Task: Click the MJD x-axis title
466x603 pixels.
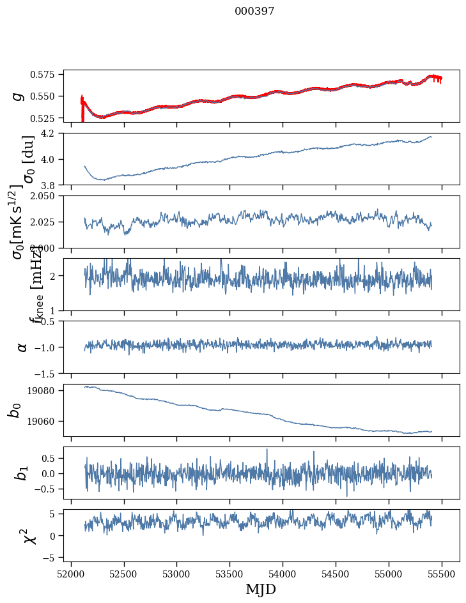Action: point(261,590)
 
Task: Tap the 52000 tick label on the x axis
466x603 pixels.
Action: point(71,572)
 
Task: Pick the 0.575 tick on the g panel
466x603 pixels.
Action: point(47,75)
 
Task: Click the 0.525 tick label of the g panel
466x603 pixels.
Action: point(47,118)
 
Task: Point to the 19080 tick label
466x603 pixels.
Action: point(47,390)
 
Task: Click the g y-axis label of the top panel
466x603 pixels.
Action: point(19,96)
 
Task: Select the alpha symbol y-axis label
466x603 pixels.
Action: point(22,347)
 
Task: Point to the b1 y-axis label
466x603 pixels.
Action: point(22,473)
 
